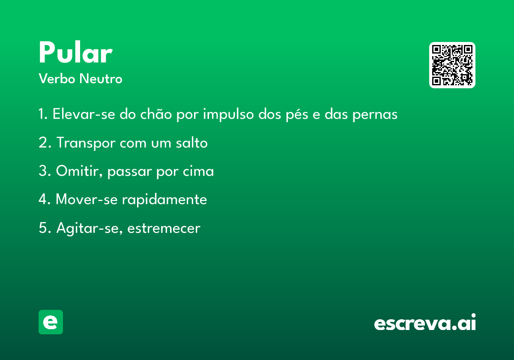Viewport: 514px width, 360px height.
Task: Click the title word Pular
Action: (x=76, y=52)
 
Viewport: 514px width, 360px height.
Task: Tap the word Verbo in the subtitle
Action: (x=57, y=78)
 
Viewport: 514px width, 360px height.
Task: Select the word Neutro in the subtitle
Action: (x=101, y=78)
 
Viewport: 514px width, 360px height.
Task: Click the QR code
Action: (x=452, y=65)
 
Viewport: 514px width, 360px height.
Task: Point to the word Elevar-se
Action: (x=84, y=114)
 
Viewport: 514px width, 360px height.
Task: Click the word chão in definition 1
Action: (x=156, y=114)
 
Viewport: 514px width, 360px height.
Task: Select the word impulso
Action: (x=228, y=114)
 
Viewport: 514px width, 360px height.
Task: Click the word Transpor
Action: (x=86, y=143)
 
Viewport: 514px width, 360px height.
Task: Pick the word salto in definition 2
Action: (x=191, y=143)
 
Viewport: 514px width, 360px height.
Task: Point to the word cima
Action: (x=198, y=171)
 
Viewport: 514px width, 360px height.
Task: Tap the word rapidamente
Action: (x=164, y=200)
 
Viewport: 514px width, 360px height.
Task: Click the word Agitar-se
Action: (x=90, y=228)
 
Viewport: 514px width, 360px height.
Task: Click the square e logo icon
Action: (x=51, y=322)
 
